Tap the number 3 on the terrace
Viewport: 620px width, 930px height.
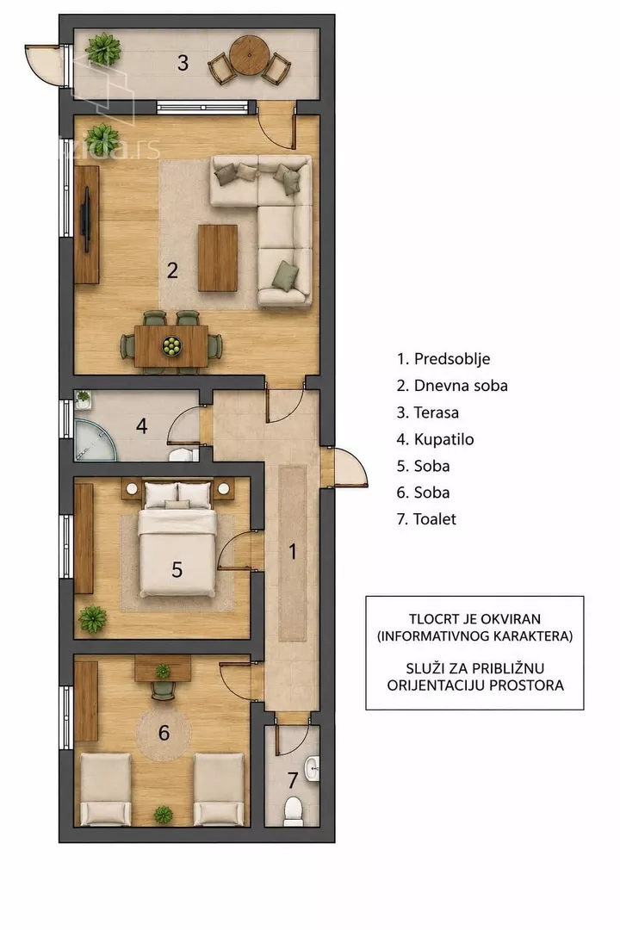tap(183, 62)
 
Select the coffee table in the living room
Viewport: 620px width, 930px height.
tap(218, 258)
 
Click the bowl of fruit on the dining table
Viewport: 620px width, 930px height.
tap(171, 346)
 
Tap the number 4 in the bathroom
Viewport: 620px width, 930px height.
tap(141, 426)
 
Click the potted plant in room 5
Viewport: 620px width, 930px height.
tap(93, 619)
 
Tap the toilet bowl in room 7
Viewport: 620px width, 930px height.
tap(293, 811)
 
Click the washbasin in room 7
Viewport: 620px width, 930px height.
tap(312, 769)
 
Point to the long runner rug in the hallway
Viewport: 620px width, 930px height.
tap(293, 554)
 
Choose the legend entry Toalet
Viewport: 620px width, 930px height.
tap(426, 519)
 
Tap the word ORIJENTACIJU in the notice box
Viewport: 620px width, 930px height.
tap(426, 685)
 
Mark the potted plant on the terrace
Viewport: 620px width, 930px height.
tap(103, 49)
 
